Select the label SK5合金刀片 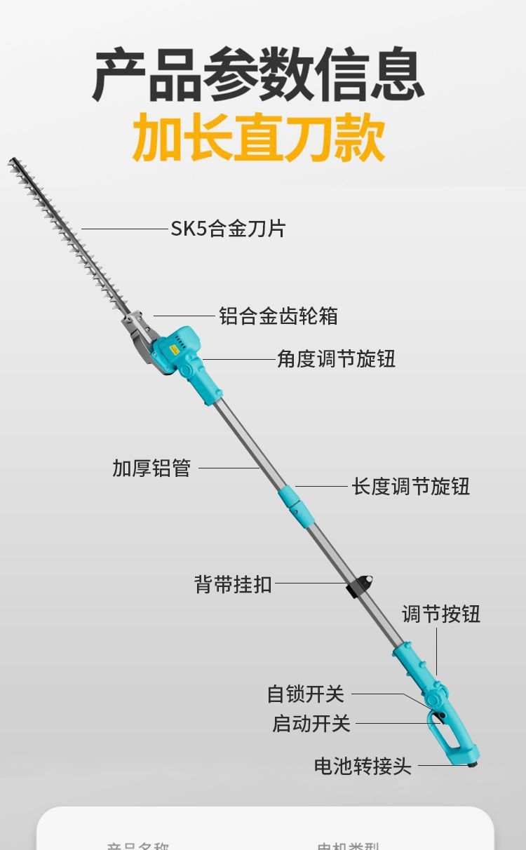(228, 229)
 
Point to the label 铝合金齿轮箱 (278, 316)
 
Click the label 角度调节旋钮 (336, 359)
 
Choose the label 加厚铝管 (151, 468)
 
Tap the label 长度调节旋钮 (410, 486)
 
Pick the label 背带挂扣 (233, 583)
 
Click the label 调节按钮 (440, 614)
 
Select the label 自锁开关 (306, 694)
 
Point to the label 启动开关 (311, 723)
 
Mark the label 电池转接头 (363, 766)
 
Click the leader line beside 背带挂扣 (312, 583)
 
